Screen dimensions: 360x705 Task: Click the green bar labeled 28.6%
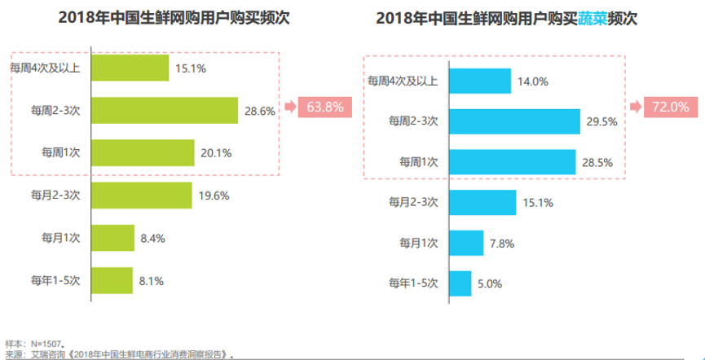click(x=164, y=110)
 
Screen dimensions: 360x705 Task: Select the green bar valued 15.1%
click(x=130, y=68)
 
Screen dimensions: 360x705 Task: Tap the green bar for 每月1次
click(x=112, y=238)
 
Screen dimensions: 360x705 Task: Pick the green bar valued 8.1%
click(x=112, y=281)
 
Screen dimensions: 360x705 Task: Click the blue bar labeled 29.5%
click(x=514, y=121)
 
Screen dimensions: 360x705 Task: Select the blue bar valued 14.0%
click(x=480, y=81)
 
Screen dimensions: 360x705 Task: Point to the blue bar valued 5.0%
click(x=460, y=283)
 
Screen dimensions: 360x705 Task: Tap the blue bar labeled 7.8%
click(x=466, y=243)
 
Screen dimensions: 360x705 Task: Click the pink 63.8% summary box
click(x=324, y=107)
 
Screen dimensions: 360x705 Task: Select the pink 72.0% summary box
click(x=670, y=107)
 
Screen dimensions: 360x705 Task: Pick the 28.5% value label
click(x=597, y=163)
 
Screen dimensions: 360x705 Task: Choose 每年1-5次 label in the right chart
click(x=415, y=283)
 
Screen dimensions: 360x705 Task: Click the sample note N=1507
click(x=33, y=344)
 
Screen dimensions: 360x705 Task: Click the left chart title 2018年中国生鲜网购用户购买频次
click(x=174, y=19)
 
